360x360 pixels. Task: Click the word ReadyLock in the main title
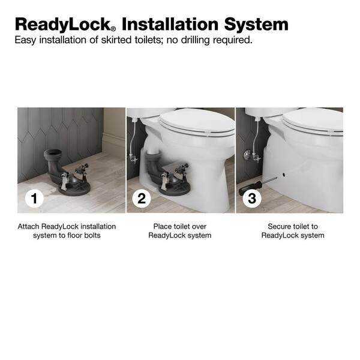(x=62, y=25)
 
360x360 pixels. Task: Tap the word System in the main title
(x=256, y=25)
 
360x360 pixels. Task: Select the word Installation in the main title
(x=170, y=24)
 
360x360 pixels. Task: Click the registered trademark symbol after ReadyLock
(x=113, y=29)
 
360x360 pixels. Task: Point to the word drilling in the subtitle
(x=196, y=40)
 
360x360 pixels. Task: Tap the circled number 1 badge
(x=34, y=199)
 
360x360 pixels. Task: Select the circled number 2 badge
(x=142, y=199)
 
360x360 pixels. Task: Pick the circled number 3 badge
(x=252, y=199)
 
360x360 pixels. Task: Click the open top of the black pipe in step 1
(x=53, y=152)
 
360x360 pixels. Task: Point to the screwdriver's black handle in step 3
(x=250, y=188)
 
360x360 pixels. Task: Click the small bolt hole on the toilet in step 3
(x=284, y=175)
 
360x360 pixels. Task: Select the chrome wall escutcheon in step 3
(x=247, y=155)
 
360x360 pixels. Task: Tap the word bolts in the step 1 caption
(x=92, y=236)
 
